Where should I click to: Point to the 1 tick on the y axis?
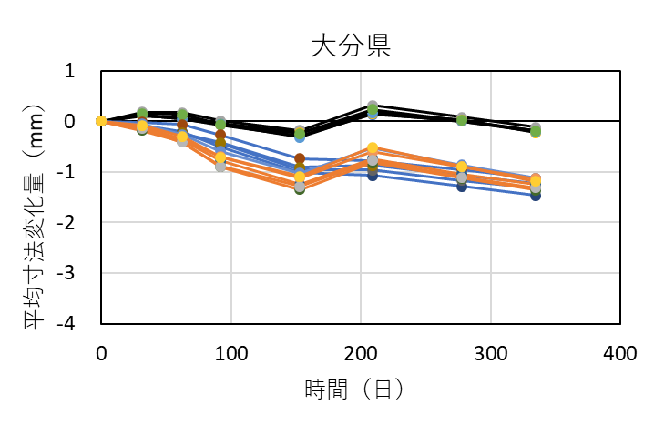(77, 71)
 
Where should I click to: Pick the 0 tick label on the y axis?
(77, 121)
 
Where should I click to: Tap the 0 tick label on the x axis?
(101, 351)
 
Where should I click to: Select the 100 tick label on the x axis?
(231, 351)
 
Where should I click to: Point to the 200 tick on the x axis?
(361, 351)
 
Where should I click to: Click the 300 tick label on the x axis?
(491, 351)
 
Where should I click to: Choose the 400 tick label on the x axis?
(620, 351)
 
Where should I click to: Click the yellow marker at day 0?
(101, 121)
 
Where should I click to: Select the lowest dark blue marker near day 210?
(373, 175)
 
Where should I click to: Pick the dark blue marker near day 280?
(462, 186)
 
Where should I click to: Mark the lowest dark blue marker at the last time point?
(536, 195)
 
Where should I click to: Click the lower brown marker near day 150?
(300, 188)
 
